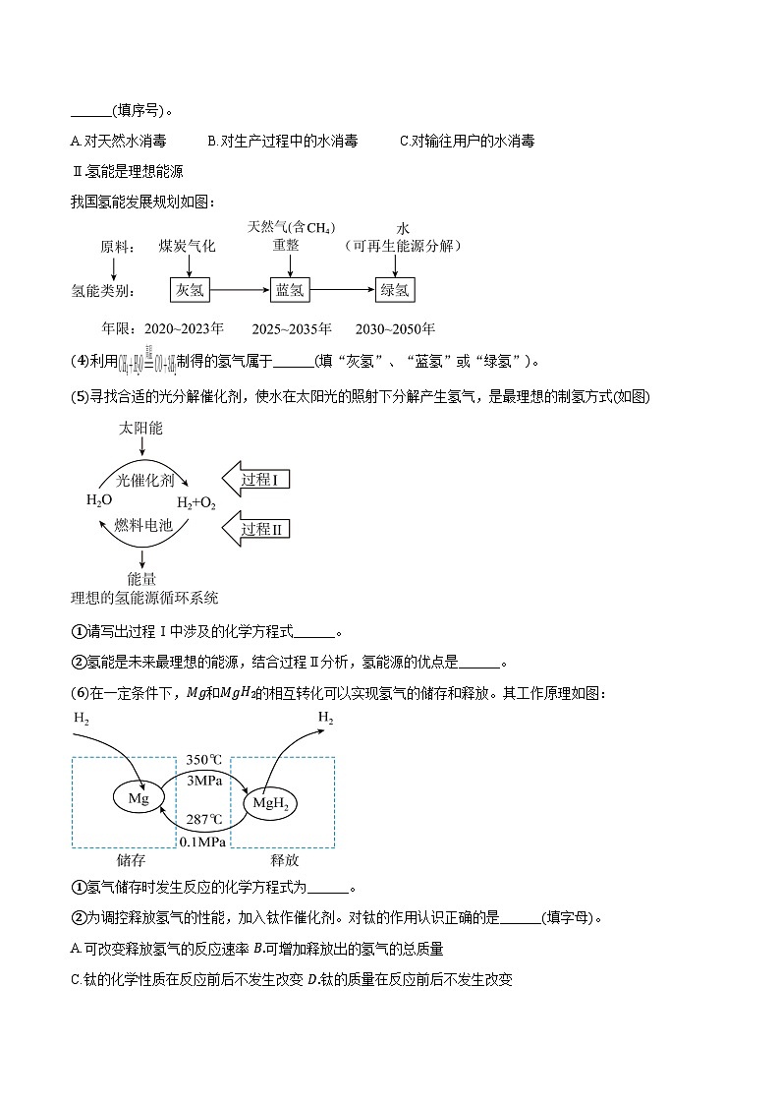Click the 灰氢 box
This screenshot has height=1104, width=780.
tap(189, 290)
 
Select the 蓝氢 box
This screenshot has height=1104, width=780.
tap(291, 290)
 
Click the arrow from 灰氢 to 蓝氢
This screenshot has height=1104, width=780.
tap(239, 290)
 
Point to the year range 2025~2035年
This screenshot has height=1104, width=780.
tap(292, 328)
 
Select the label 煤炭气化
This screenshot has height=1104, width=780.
tap(187, 246)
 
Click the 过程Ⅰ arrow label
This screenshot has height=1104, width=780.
tap(259, 480)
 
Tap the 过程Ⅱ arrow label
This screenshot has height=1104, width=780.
tap(259, 530)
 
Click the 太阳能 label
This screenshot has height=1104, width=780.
tap(140, 430)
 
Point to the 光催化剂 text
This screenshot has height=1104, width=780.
tap(144, 480)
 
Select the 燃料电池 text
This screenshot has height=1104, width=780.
tap(143, 526)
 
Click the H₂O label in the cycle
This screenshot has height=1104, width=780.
tap(99, 500)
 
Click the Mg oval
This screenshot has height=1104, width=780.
tap(139, 798)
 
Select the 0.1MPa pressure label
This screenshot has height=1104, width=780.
tap(203, 842)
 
